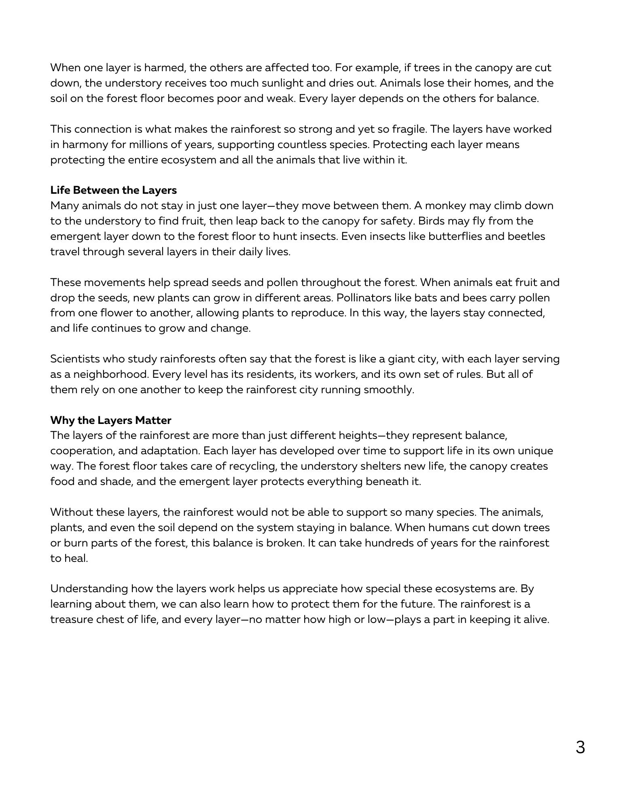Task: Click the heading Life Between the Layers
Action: (x=113, y=190)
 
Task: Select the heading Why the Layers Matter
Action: (x=110, y=420)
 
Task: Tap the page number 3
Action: (x=580, y=748)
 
